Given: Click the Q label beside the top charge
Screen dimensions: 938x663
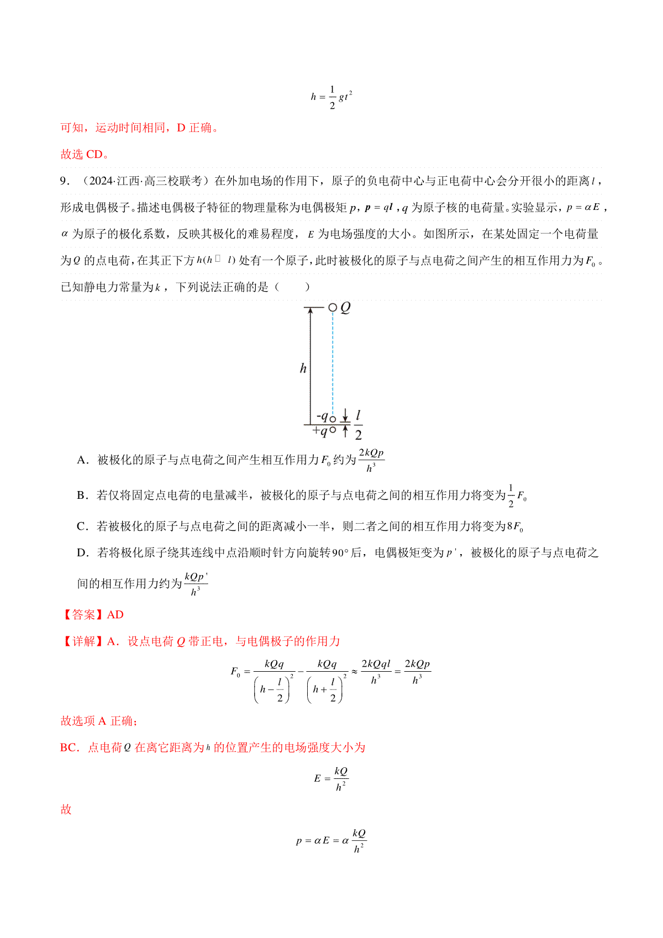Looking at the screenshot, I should coord(346,307).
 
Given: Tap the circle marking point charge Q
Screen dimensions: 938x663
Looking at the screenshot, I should coord(332,307).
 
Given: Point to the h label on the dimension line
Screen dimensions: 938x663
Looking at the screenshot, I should coord(303,368).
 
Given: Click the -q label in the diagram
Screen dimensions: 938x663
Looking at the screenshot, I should coord(322,417).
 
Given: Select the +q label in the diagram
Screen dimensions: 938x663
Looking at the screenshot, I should coord(320,430).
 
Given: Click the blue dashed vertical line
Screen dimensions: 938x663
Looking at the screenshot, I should coord(333,365).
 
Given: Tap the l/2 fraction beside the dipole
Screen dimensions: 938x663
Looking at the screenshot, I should coord(358,424).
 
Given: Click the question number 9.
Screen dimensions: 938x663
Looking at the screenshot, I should coord(65,181).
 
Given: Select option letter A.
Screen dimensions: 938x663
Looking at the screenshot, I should coord(82,460).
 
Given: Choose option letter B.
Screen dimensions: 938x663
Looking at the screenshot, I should coord(82,496).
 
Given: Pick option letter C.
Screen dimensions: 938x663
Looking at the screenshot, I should coord(82,526).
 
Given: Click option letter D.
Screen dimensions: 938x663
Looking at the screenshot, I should coord(82,553).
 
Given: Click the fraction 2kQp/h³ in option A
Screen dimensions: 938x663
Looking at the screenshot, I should coord(371,460).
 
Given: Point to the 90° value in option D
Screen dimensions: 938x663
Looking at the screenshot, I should coord(339,553).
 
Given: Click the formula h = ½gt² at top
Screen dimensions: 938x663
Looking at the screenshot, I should coord(331,97).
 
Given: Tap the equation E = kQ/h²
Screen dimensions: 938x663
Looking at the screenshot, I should coord(331,778).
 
